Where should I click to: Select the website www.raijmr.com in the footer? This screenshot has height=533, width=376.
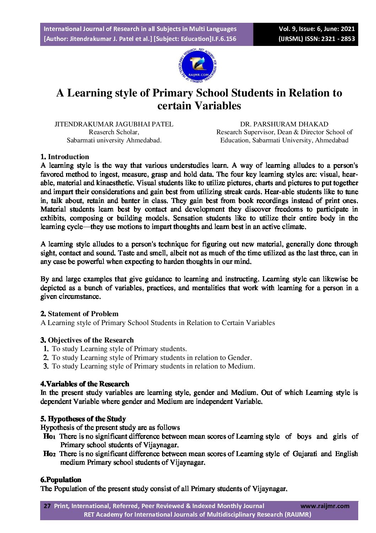325,506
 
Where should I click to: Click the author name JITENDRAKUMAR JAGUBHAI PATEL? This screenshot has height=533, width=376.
114,124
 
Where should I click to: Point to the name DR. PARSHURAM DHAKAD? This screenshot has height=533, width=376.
284,124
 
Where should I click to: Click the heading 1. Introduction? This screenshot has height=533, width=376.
65,157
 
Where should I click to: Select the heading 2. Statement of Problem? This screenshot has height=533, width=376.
79,314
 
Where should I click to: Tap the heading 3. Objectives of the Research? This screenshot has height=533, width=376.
87,340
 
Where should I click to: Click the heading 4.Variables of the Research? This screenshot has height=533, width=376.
85,384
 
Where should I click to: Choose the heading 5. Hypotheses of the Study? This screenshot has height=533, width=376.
83,419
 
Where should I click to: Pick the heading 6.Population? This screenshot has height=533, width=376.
61,480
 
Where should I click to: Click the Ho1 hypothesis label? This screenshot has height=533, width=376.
49,437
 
